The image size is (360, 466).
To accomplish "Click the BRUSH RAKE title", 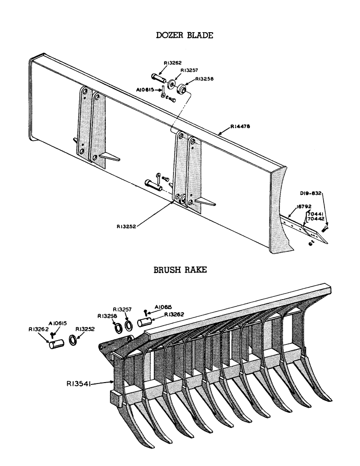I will (180, 270).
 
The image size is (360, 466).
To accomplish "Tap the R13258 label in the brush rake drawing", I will (107, 315).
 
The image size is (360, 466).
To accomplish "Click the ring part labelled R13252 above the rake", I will (74, 339).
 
